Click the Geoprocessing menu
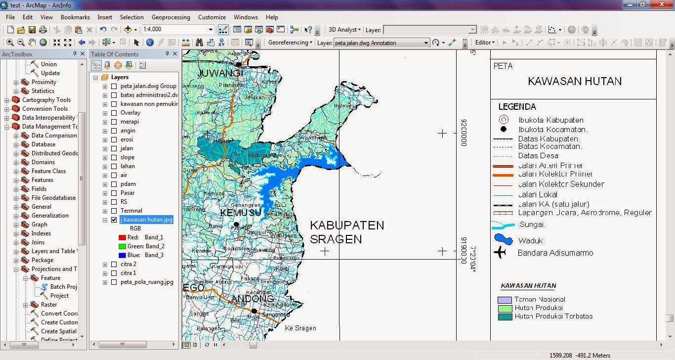click(x=170, y=17)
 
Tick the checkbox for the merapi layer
click(x=114, y=122)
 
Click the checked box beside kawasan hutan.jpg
click(x=114, y=220)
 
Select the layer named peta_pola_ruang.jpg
click(x=147, y=282)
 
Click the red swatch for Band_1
click(x=122, y=237)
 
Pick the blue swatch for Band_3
click(x=122, y=255)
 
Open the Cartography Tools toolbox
click(x=46, y=100)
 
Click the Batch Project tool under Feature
click(x=63, y=287)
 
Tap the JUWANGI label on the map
click(x=220, y=74)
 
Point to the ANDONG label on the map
click(x=253, y=299)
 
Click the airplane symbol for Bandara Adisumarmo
click(x=500, y=253)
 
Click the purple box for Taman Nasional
click(x=505, y=300)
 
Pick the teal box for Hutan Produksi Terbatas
click(x=505, y=316)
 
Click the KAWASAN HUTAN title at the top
click(x=575, y=82)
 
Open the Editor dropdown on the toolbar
click(x=485, y=43)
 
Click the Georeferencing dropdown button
click(x=290, y=43)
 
